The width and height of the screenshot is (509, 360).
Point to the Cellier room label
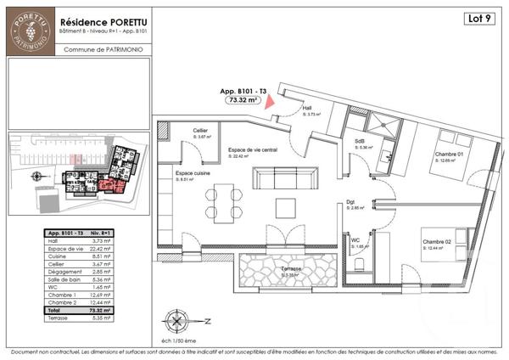point(202,130)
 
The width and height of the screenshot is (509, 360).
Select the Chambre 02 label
point(437,242)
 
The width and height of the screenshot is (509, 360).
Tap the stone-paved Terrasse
point(273,273)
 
